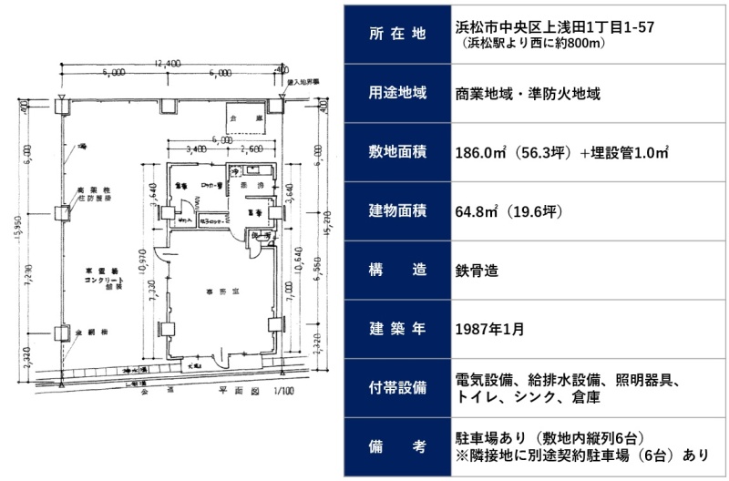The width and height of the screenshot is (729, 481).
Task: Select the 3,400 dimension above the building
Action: [195, 148]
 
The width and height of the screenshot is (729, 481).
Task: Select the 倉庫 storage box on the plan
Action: [244, 118]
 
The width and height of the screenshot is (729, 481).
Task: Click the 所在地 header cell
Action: [397, 35]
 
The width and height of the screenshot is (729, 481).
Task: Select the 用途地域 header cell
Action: [397, 92]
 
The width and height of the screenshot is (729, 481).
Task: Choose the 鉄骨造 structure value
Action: [477, 270]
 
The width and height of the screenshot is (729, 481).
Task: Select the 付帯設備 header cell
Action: [397, 387]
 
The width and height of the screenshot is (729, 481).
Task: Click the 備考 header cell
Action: [397, 445]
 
